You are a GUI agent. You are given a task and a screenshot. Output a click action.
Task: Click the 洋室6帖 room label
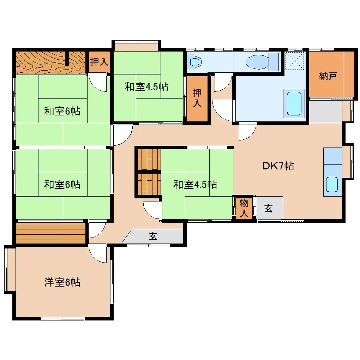62,282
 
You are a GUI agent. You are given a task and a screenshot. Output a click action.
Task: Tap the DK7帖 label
278,166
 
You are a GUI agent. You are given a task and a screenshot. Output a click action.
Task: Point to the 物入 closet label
244,208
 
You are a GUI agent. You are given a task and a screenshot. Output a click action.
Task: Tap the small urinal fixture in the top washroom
194,62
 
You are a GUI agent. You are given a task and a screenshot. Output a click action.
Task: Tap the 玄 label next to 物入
269,209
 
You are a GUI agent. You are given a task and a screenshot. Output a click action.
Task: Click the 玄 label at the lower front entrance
153,236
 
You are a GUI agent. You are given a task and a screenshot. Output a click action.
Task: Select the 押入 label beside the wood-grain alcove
99,62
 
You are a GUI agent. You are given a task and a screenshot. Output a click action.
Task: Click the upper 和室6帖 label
62,112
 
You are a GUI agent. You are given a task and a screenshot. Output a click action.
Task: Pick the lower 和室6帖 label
62,184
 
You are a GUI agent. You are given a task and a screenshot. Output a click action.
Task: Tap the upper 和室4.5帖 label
146,87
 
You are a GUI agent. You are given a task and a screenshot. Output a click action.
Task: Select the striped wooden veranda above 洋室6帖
50,233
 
